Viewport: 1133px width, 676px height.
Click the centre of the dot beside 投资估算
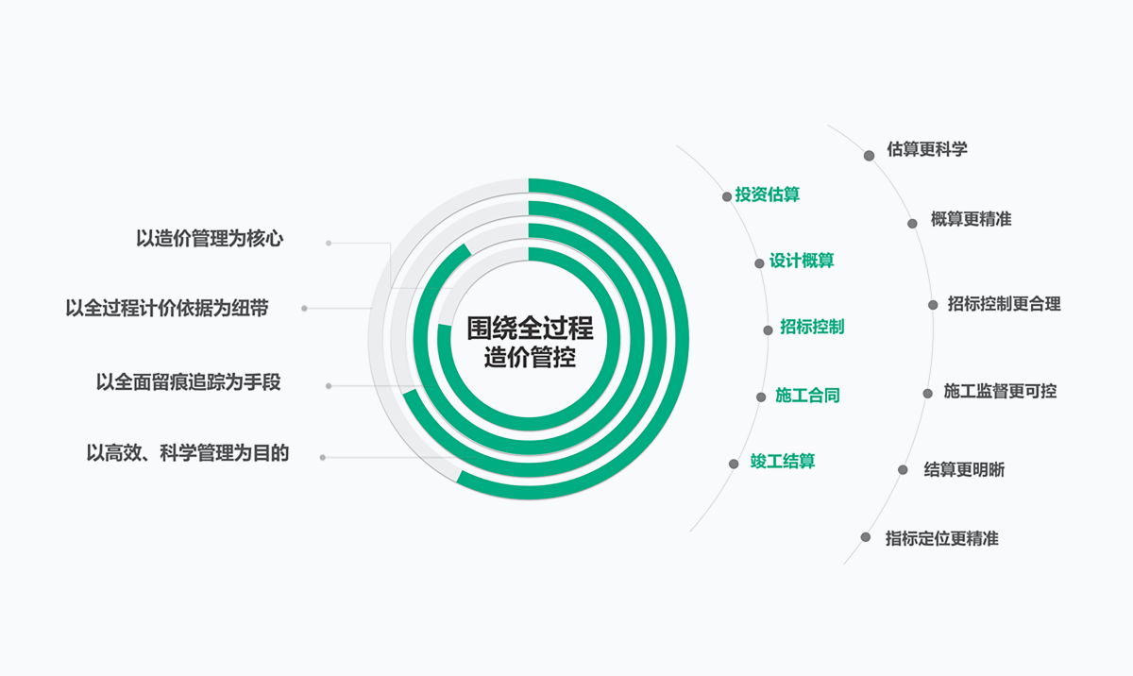(727, 196)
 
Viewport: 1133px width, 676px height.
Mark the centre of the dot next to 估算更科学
(869, 156)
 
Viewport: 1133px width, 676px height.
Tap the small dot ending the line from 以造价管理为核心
(329, 244)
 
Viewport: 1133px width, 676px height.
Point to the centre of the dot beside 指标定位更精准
(866, 537)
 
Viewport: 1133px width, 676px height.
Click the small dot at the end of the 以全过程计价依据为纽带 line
(304, 309)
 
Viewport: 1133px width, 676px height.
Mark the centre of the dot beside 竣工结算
(734, 465)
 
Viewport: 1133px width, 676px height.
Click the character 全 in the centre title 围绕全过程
(530, 329)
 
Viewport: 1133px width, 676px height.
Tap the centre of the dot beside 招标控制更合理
(933, 305)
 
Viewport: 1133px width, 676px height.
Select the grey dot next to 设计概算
(759, 263)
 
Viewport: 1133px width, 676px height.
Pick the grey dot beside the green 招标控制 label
(768, 330)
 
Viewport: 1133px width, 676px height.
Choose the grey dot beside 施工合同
(761, 397)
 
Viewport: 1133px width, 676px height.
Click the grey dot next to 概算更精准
(912, 224)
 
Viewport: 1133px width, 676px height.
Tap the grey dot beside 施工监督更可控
(927, 394)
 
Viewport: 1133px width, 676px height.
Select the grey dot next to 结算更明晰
(903, 470)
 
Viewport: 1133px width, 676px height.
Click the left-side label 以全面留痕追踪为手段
(188, 382)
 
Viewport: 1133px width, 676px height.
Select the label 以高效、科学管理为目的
(188, 453)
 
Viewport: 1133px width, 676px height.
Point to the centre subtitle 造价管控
(530, 358)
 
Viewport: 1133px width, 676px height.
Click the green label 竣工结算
(783, 461)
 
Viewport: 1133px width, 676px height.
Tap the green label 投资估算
(768, 194)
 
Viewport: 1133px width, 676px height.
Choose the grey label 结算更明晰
(964, 470)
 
